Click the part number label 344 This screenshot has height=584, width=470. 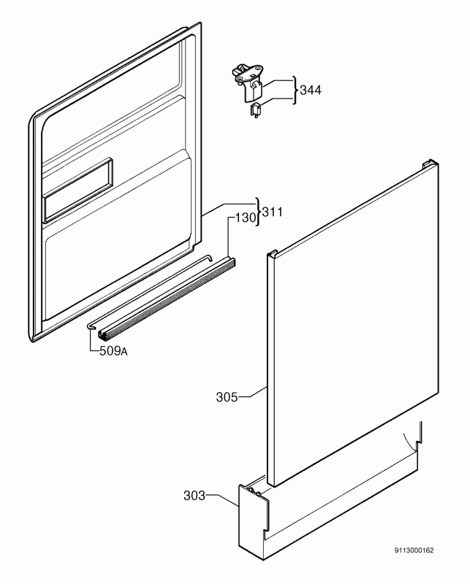311,90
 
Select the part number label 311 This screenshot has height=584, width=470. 273,212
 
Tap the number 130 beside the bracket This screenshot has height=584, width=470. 246,218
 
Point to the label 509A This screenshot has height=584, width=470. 113,351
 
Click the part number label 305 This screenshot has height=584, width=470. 227,397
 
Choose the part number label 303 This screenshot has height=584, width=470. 194,496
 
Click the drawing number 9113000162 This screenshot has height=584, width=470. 414,550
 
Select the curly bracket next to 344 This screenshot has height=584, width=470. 295,90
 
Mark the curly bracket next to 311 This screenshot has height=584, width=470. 258,212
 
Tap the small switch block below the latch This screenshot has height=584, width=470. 256,110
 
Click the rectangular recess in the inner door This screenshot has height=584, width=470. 78,190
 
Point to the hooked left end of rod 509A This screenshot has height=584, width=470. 91,326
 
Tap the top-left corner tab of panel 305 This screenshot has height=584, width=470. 273,253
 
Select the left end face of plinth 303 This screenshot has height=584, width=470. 251,521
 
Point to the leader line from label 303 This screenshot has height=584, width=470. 222,500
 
